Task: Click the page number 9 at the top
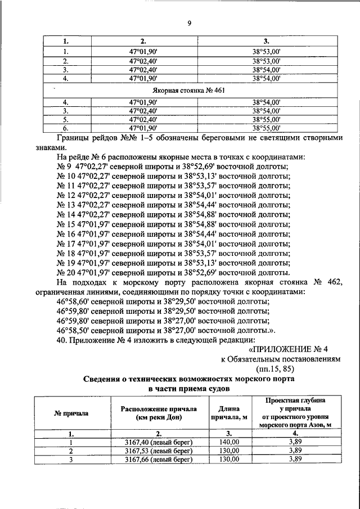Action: pos(189,23)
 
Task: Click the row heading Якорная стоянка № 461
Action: pos(189,90)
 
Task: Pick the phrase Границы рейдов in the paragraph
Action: pos(90,138)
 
